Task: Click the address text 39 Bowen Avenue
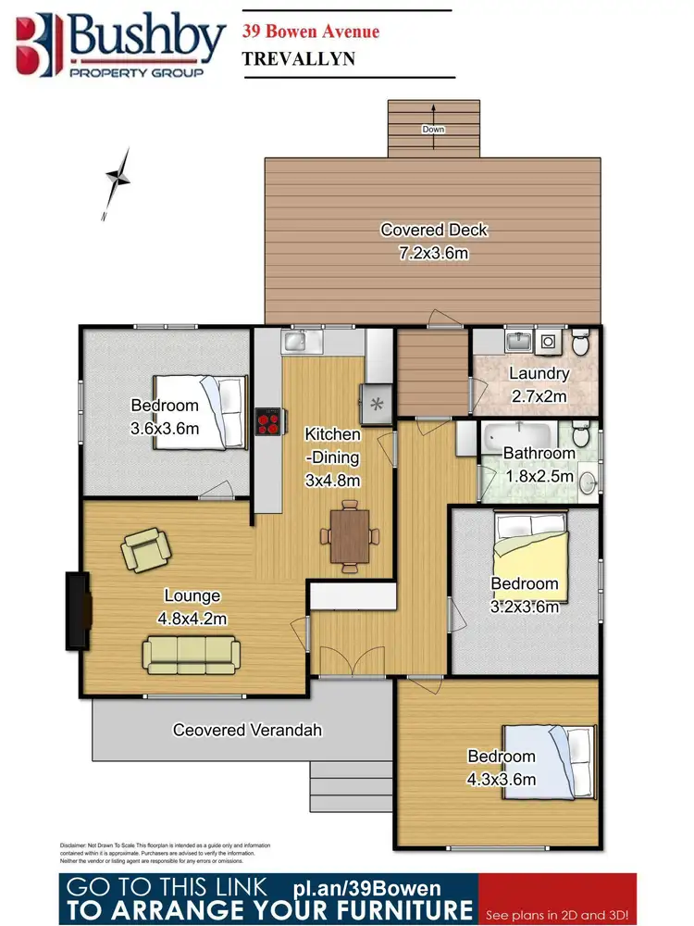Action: pyautogui.click(x=310, y=31)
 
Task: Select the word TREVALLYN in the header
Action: pyautogui.click(x=299, y=57)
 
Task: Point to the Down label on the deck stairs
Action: pyautogui.click(x=434, y=129)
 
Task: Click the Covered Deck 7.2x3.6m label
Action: pyautogui.click(x=433, y=240)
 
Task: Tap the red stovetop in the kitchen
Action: pyautogui.click(x=268, y=422)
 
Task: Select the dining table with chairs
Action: pyautogui.click(x=350, y=534)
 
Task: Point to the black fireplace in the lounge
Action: pyautogui.click(x=78, y=610)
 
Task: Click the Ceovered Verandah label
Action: pyautogui.click(x=247, y=730)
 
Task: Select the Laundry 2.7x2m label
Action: pyautogui.click(x=538, y=384)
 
